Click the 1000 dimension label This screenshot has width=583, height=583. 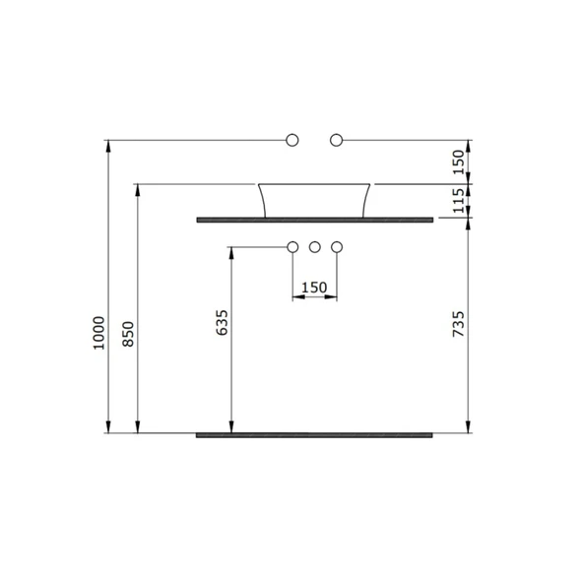97,334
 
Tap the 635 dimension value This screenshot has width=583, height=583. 221,324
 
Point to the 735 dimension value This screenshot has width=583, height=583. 457,324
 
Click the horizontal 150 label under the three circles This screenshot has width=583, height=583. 314,288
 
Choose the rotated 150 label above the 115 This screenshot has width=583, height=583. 457,162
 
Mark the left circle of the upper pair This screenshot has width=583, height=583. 291,141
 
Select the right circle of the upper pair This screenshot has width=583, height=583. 337,141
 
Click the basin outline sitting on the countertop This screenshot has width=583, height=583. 315,199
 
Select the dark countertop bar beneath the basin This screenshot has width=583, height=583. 315,220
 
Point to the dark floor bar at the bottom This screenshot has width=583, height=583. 315,434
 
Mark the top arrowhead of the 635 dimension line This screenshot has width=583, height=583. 230,251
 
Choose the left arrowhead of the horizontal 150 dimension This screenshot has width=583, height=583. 295,296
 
